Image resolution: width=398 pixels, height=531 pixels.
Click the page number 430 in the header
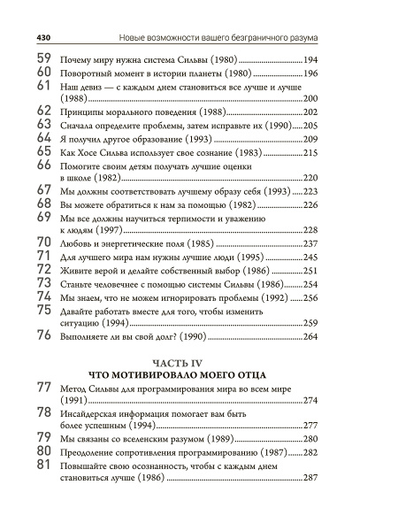(x=43, y=37)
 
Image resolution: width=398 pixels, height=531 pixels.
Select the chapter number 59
(x=44, y=58)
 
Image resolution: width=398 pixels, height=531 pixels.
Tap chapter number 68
(x=44, y=204)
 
